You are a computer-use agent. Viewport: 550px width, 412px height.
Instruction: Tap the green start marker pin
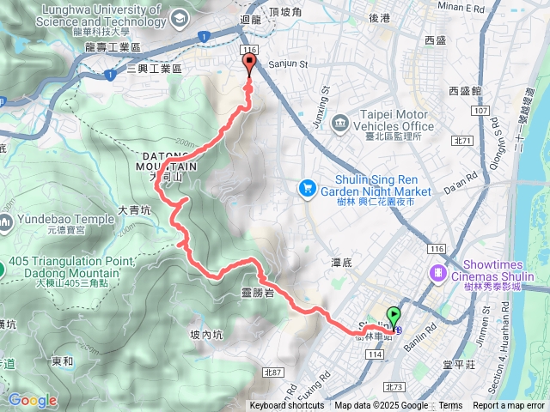pos(394,315)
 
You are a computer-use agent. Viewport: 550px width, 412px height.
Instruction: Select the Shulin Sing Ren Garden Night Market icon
pos(306,186)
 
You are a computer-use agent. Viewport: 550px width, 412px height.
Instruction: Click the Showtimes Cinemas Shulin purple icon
pos(439,271)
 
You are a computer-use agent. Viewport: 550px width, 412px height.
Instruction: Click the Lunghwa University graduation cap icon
pos(180,18)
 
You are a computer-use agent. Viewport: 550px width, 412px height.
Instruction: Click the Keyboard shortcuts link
pos(286,406)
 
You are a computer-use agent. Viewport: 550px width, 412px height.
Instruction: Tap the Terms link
pos(450,406)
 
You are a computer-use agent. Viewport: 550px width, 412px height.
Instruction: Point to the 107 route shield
pos(480,111)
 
